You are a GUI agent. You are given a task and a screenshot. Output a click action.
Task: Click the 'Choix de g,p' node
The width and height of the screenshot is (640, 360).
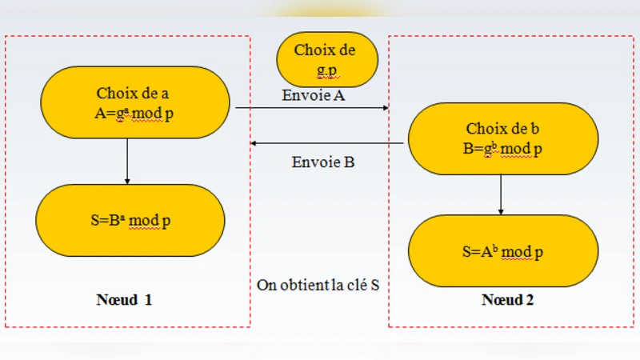[x=326, y=60]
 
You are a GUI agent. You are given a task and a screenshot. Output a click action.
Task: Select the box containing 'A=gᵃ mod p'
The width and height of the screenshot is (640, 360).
[x=134, y=102]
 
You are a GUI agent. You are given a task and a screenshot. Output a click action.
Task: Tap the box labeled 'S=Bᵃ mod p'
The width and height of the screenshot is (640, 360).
[x=130, y=221]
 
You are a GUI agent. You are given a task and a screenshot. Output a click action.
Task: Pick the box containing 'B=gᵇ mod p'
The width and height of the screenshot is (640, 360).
[x=503, y=139]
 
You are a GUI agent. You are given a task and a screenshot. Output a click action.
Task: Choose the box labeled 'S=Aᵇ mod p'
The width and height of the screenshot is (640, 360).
[x=503, y=251]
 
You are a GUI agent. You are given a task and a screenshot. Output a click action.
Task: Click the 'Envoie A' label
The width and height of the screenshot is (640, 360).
[x=313, y=95]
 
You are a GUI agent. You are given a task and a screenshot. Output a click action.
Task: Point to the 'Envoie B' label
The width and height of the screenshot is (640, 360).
[x=323, y=162]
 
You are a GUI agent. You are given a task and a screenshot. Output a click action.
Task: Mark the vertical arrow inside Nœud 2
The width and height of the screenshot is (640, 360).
[x=501, y=195]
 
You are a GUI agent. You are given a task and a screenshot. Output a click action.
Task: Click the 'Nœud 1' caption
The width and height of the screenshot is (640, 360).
[x=124, y=301]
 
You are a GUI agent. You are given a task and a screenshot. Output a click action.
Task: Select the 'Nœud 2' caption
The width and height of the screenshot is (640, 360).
[x=507, y=301]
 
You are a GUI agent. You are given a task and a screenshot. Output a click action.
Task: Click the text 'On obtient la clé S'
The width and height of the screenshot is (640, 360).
[x=318, y=285]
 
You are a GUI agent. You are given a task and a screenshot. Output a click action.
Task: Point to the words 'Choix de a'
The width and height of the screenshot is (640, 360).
[x=133, y=92]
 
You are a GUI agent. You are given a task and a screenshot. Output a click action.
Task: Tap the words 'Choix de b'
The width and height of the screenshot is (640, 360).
[x=503, y=129]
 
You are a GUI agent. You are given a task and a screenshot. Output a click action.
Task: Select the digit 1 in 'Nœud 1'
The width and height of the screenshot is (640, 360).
[x=148, y=301]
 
